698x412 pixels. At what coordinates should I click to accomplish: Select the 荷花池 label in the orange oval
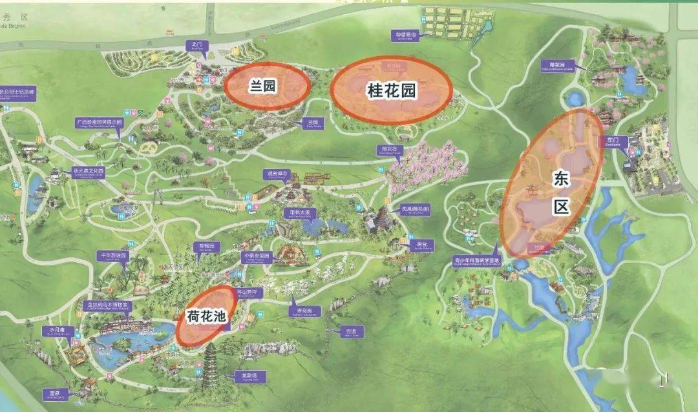click(206, 316)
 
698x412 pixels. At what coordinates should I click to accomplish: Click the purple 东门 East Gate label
click(613, 140)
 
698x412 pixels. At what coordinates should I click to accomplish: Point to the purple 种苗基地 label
click(406, 35)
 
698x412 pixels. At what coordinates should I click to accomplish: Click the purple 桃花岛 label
click(389, 149)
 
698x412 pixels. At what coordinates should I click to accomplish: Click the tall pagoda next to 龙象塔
click(211, 366)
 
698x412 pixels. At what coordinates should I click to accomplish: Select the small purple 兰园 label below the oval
click(313, 121)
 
